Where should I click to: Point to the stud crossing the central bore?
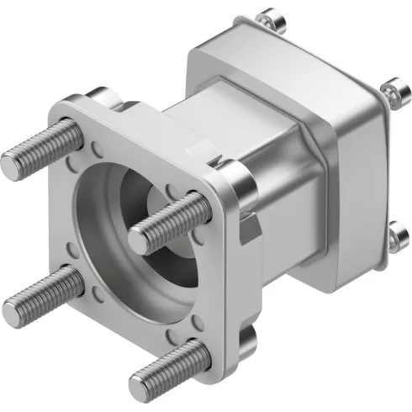[168, 220]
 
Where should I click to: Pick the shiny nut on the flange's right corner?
[238, 177]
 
